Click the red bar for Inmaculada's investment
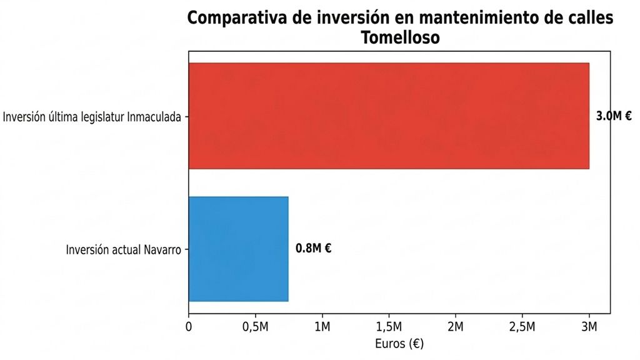pyautogui.click(x=389, y=116)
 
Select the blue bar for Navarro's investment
pyautogui.click(x=238, y=249)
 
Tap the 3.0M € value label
pyautogui.click(x=614, y=116)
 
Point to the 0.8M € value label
pyautogui.click(x=314, y=248)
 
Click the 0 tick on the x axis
pyautogui.click(x=189, y=327)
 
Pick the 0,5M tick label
pyautogui.click(x=256, y=327)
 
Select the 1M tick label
pyautogui.click(x=322, y=327)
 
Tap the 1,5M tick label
pyautogui.click(x=389, y=327)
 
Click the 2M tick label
pyautogui.click(x=456, y=327)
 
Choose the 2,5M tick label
pyautogui.click(x=522, y=327)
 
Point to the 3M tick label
pyautogui.click(x=589, y=327)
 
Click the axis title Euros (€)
pyautogui.click(x=399, y=344)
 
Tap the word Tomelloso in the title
pyautogui.click(x=401, y=37)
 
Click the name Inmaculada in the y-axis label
pyautogui.click(x=154, y=117)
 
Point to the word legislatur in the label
pyautogui.click(x=104, y=117)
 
